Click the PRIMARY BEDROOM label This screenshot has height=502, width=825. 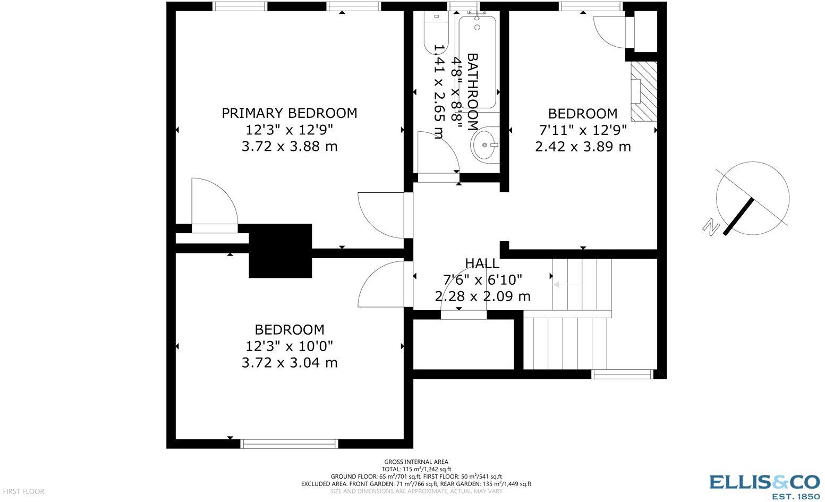(289, 113)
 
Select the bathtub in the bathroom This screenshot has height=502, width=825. (477, 61)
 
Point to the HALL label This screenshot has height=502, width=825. (482, 263)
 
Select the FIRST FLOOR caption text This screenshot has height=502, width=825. (22, 491)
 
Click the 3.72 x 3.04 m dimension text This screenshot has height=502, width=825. (289, 363)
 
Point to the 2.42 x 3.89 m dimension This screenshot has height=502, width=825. (583, 147)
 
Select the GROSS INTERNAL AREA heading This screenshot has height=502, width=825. (416, 462)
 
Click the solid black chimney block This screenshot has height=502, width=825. (280, 251)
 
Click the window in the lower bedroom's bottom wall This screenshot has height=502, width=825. (289, 444)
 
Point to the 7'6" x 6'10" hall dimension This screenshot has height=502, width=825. (482, 279)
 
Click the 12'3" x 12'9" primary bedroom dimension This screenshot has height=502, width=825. (289, 130)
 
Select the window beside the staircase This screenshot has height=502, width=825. (623, 375)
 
